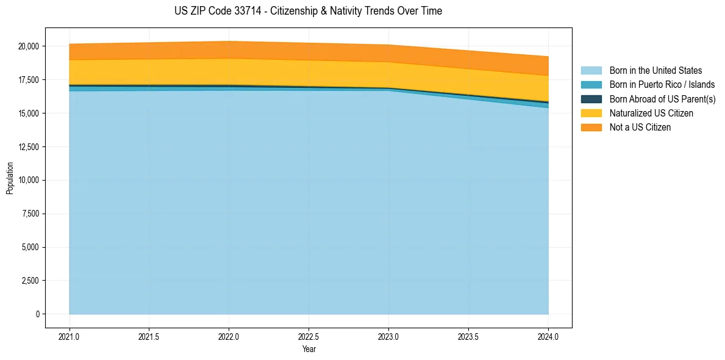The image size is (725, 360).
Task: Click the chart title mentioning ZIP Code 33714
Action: click(308, 11)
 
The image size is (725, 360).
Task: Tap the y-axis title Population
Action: click(10, 178)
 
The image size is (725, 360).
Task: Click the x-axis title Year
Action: click(309, 349)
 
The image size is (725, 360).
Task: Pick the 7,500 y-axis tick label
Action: click(30, 214)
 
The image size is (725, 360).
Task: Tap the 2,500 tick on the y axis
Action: click(30, 281)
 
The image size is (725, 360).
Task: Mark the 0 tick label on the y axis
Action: click(37, 314)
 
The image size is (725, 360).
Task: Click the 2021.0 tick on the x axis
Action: click(70, 336)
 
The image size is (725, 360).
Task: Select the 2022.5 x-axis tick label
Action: click(309, 336)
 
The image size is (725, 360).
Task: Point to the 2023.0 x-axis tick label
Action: click(388, 336)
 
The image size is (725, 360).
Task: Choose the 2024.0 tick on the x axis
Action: click(548, 336)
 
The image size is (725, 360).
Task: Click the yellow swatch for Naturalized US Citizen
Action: click(591, 113)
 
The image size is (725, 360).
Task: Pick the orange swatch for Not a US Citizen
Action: click(591, 128)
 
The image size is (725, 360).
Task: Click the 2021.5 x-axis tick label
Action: click(149, 336)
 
